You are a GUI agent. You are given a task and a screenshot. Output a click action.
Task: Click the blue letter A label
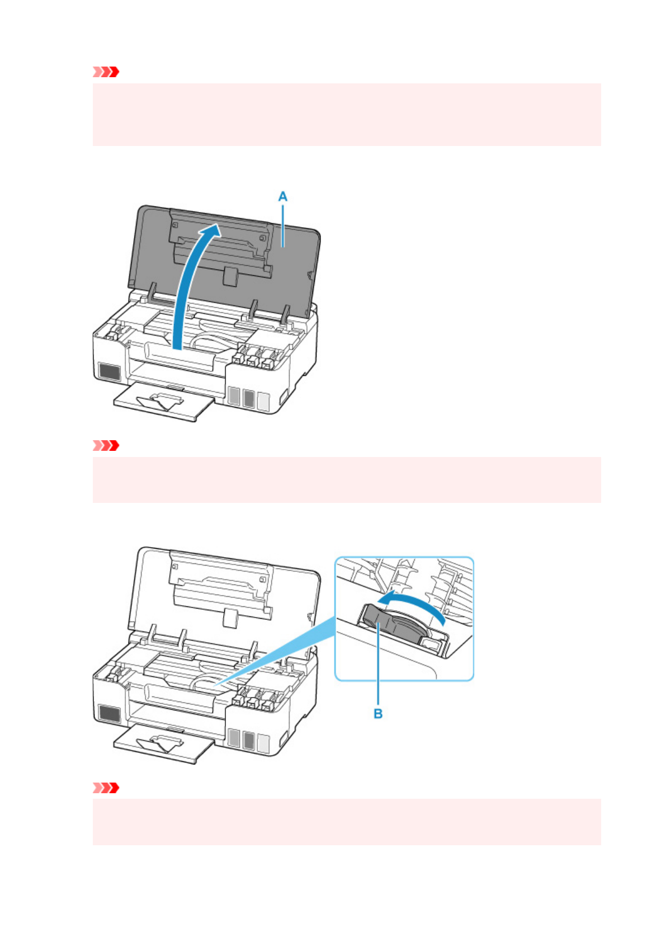click(283, 196)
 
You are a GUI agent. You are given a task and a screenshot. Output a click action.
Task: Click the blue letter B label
click(378, 714)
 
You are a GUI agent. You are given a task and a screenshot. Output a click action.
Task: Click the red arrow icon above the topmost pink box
click(106, 72)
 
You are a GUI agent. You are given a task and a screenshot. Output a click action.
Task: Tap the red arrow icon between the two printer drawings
click(106, 446)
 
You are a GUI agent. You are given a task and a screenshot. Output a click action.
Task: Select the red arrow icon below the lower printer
click(106, 788)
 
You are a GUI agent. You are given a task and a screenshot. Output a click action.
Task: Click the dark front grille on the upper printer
click(109, 371)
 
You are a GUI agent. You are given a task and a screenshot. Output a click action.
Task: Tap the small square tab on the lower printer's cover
click(229, 618)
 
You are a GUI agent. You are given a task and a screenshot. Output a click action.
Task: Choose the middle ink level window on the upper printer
click(249, 398)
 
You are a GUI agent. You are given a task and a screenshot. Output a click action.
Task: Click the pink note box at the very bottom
click(347, 821)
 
